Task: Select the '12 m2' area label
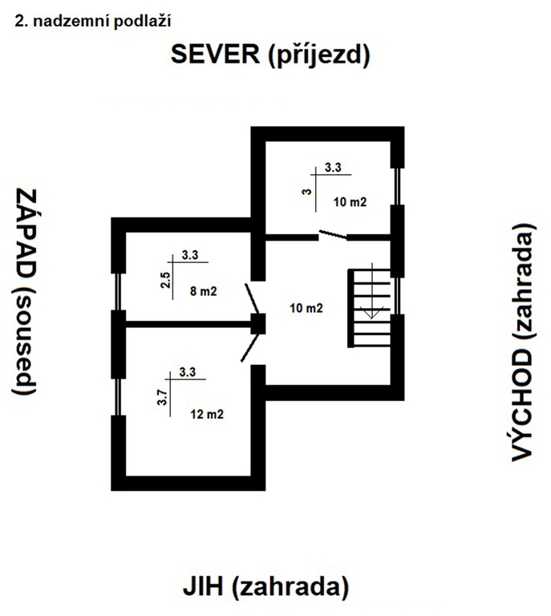(206, 415)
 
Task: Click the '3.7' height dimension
(162, 399)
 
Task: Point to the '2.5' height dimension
(165, 284)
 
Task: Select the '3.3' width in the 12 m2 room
(188, 371)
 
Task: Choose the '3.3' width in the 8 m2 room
(190, 255)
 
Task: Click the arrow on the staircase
(371, 313)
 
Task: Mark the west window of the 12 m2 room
(118, 396)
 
